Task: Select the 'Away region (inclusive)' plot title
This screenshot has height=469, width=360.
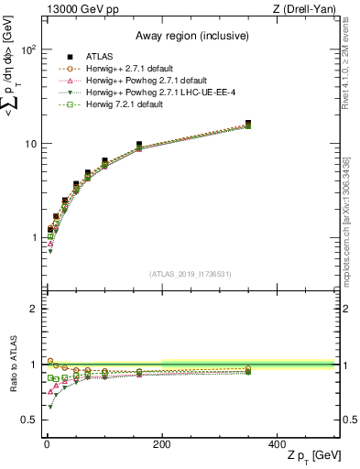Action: [x=190, y=36]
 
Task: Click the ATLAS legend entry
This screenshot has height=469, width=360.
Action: [x=103, y=57]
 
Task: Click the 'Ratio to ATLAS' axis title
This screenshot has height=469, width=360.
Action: [x=12, y=365]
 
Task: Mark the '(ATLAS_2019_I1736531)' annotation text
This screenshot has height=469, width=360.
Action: [x=190, y=273]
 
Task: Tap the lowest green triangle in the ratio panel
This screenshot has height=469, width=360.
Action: [x=49, y=406]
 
